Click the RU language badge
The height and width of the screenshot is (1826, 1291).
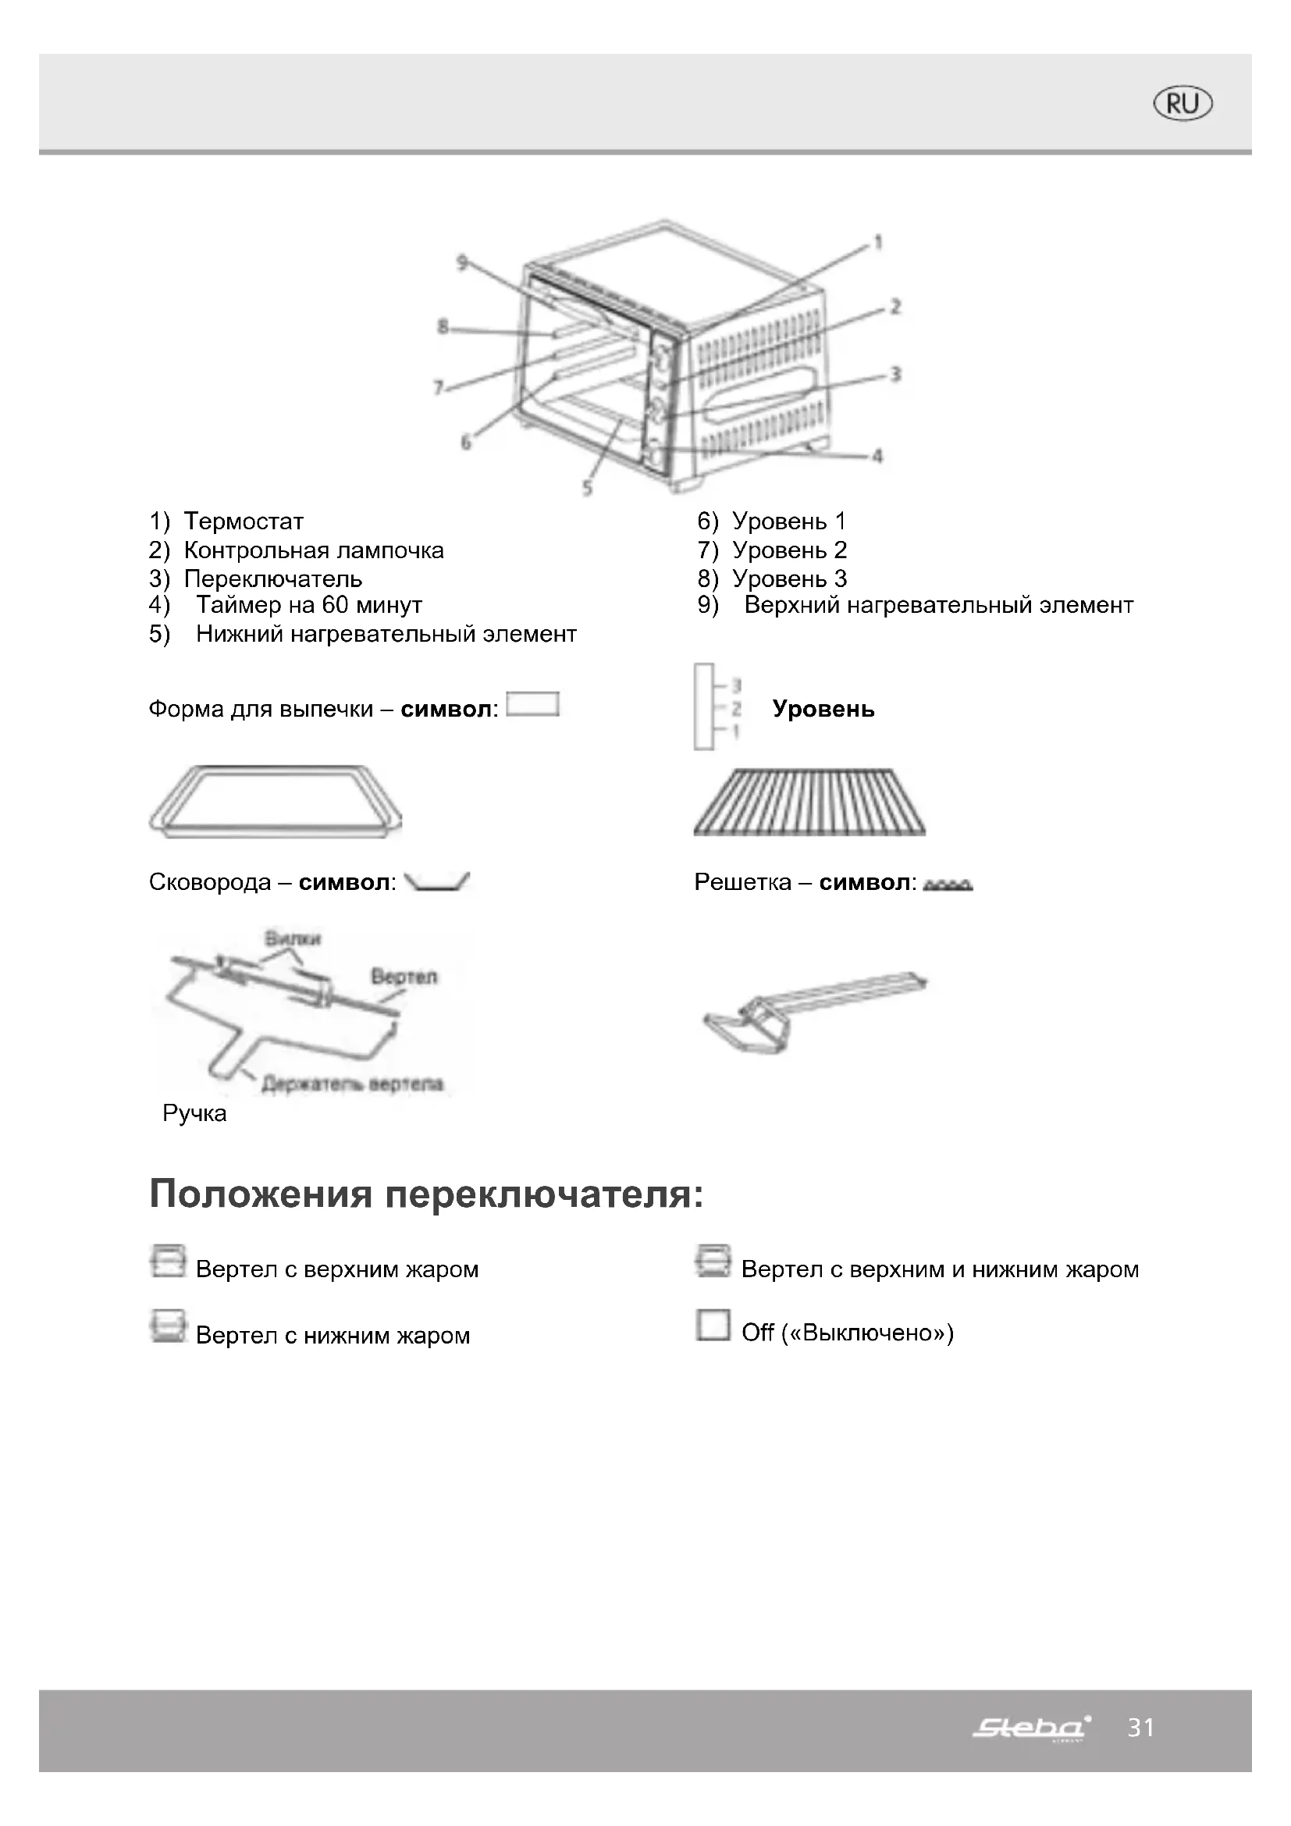[x=1183, y=103]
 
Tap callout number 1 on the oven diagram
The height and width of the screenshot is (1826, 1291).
[x=877, y=242]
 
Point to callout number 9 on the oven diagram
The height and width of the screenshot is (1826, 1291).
[x=462, y=262]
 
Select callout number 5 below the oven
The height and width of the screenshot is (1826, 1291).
[x=587, y=487]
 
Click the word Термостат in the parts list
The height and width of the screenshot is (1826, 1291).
[x=244, y=521]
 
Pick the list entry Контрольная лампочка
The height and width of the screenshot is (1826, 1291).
[x=313, y=550]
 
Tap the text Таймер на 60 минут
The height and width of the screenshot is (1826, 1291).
[x=308, y=605]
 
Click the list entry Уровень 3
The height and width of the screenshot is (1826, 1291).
[x=788, y=578]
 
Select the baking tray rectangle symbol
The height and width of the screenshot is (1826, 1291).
[x=532, y=705]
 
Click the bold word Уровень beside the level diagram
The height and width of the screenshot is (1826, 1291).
[x=823, y=709]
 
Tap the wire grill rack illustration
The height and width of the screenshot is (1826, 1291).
[x=809, y=802]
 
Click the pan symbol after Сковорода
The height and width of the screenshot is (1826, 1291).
[x=436, y=881]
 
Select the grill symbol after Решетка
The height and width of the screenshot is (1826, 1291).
[x=948, y=885]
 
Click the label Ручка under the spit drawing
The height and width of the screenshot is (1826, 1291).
[x=194, y=1113]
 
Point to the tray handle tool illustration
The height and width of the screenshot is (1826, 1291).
[x=814, y=1012]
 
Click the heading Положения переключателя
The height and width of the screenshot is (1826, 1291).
[x=426, y=1194]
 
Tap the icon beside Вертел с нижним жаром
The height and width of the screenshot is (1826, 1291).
[x=168, y=1326]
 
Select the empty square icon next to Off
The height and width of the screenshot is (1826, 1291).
[x=713, y=1325]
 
